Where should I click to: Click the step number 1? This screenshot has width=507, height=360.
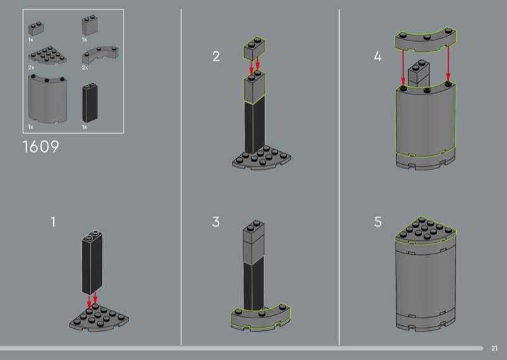pos(53,222)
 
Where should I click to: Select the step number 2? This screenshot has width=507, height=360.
pos(216,56)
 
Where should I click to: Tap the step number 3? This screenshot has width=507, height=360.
pos(216,222)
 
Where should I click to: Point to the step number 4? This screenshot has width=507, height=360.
pos(378,56)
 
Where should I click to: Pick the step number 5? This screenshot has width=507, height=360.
pos(378,222)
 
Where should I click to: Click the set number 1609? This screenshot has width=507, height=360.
pos(41,146)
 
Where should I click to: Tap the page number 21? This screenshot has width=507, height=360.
pos(494,349)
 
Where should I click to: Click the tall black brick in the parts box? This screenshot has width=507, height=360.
pos(90,103)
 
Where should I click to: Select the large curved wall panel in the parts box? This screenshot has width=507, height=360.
pos(48,99)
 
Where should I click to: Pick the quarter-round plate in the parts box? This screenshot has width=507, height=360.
pos(47,55)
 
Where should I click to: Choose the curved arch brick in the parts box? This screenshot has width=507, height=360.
pos(100,55)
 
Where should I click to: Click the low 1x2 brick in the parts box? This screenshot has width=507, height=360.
pos(36,29)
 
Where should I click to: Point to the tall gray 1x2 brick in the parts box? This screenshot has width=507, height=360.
pos(89,25)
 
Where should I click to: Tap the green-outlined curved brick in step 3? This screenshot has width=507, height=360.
pos(260,317)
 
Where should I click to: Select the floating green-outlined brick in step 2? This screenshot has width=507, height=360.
pos(255,49)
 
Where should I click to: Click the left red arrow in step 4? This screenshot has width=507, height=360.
pos(403,67)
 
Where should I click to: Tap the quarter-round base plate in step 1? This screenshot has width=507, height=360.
pos(99,318)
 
